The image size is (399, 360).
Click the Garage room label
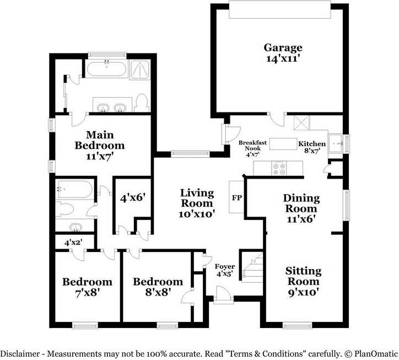click(282, 47)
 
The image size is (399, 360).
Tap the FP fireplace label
click(237, 197)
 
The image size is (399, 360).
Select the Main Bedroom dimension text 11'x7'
click(99, 157)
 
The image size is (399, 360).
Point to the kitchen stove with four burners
click(279, 168)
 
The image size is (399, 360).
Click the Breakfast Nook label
click(252, 146)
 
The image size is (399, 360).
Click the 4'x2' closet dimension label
click(73, 242)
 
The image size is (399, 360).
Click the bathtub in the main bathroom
click(106, 70)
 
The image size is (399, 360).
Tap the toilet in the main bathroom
click(142, 103)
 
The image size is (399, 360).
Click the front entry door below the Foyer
click(223, 298)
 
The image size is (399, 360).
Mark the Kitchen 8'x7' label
click(312, 144)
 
